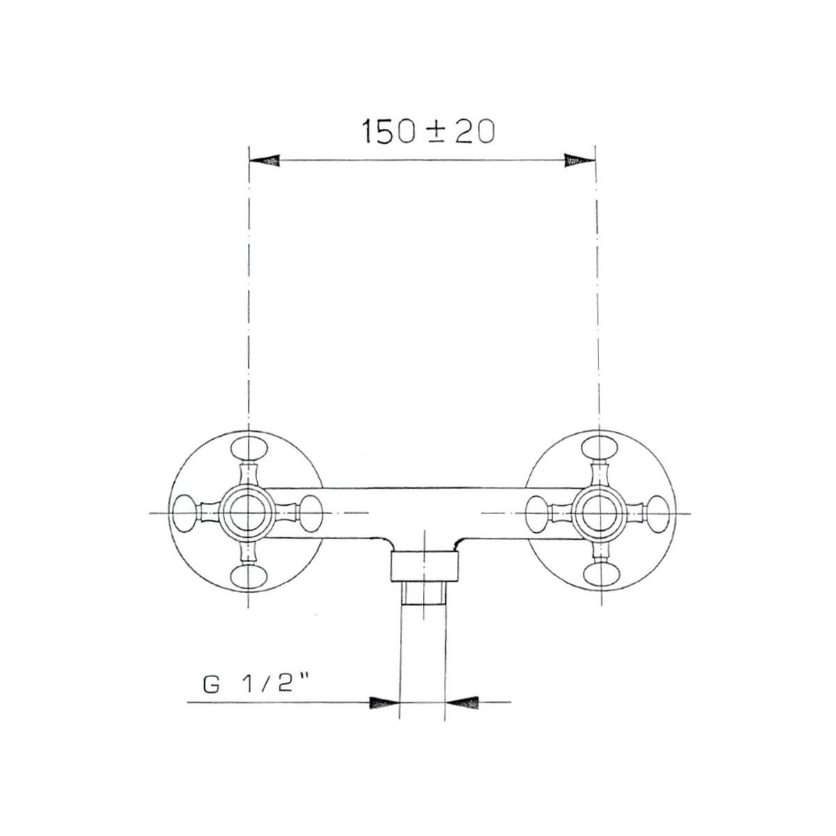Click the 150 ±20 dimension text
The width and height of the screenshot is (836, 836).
pos(428,131)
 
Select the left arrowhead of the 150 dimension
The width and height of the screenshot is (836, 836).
pos(265,160)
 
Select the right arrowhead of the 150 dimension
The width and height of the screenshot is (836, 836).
pos(579,160)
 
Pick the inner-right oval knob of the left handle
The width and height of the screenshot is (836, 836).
pos(311,513)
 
